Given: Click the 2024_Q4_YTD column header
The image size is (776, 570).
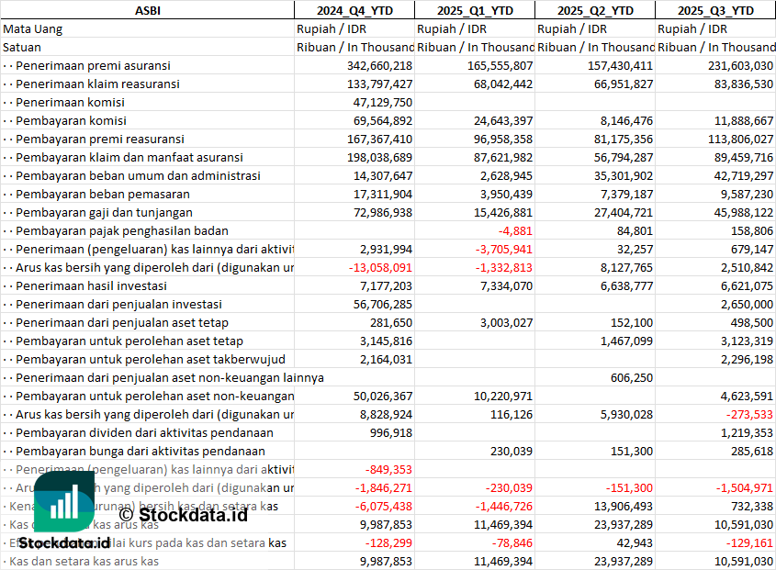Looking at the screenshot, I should tap(354, 10).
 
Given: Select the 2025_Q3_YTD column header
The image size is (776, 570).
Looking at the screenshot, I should tap(715, 10).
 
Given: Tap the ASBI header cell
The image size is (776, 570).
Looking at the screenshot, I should tap(147, 10).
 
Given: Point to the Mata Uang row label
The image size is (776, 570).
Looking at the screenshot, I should tap(33, 28).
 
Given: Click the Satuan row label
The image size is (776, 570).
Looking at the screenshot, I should tap(22, 47).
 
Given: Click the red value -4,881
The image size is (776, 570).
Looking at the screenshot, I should tap(513, 230).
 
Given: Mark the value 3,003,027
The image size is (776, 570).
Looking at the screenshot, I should tap(500, 322).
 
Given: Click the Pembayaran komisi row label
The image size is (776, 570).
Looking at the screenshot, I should tap(72, 120).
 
